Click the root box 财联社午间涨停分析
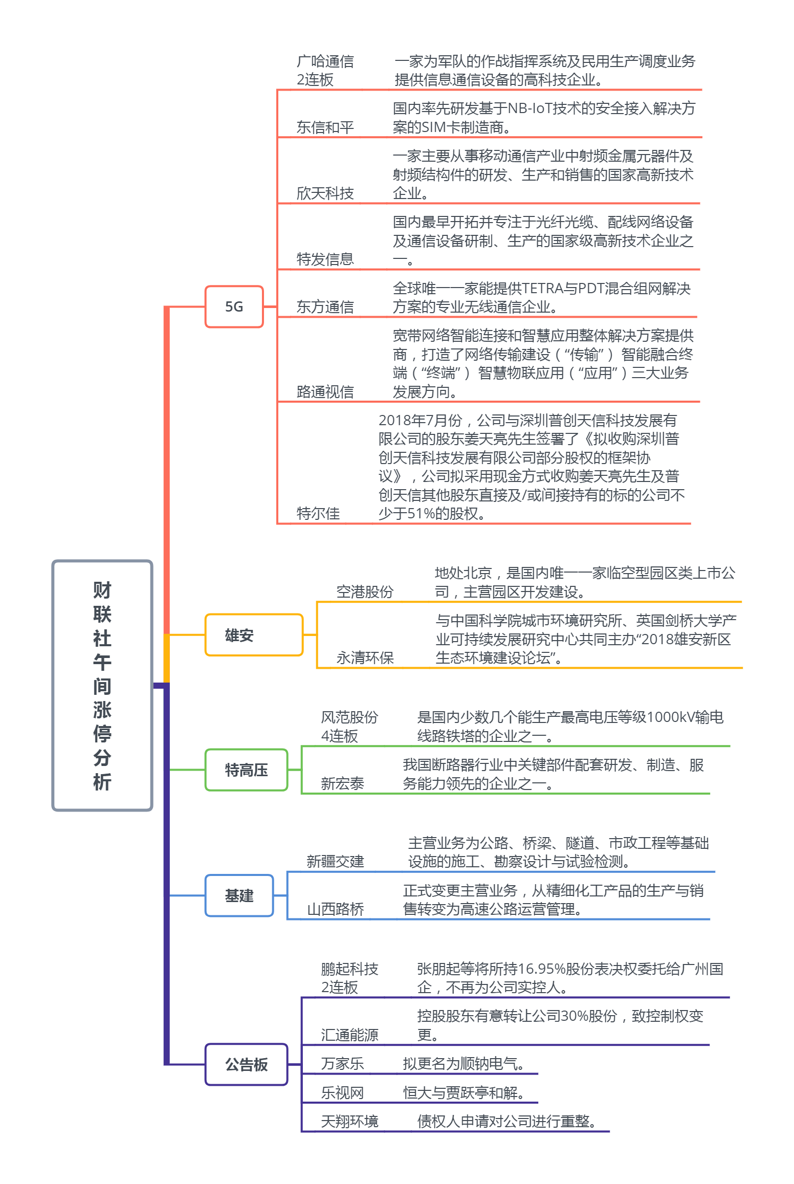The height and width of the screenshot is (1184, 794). (102, 685)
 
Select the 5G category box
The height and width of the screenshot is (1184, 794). (234, 306)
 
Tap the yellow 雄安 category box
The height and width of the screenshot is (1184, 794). (254, 635)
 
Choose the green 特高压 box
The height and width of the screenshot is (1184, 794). (246, 770)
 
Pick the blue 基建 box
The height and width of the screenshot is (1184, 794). (239, 895)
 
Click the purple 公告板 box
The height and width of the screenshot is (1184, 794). (246, 1064)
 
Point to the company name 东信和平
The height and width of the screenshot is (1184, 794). (325, 127)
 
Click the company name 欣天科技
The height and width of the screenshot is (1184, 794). (325, 193)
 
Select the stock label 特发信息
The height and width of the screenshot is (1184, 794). (325, 259)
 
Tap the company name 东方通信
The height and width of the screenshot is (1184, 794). (325, 306)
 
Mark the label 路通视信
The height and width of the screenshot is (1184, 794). (325, 391)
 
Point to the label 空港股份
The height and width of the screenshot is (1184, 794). (365, 591)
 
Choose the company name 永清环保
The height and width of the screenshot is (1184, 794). (365, 657)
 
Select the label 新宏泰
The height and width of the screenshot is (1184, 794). (342, 783)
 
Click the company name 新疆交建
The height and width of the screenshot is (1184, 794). (335, 861)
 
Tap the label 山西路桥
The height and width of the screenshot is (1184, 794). (335, 909)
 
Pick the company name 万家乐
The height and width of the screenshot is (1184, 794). (342, 1064)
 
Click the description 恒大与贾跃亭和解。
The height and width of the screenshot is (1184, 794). (464, 1093)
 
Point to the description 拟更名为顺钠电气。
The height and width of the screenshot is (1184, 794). (464, 1064)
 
